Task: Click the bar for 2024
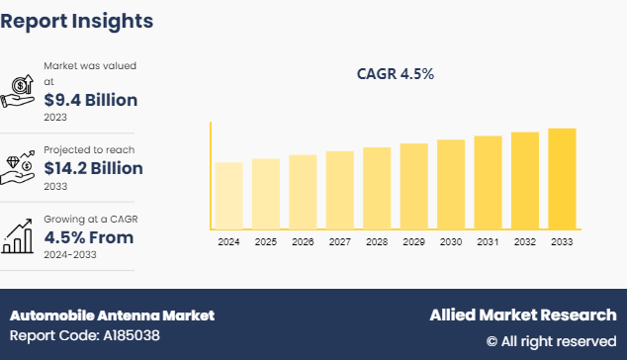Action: coord(228,196)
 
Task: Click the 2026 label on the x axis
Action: coord(303,241)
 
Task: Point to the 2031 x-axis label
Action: coord(488,241)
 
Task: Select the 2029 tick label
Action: coord(413,241)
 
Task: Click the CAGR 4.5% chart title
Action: coord(396,74)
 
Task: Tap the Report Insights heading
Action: coord(77,20)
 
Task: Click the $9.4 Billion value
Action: coord(91,100)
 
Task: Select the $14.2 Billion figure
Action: coord(94,168)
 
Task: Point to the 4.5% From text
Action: coord(89,237)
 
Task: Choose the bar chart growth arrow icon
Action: coord(19,235)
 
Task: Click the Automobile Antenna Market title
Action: coord(112,315)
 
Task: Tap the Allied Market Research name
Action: coord(522,315)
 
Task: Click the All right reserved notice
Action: coord(551,341)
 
